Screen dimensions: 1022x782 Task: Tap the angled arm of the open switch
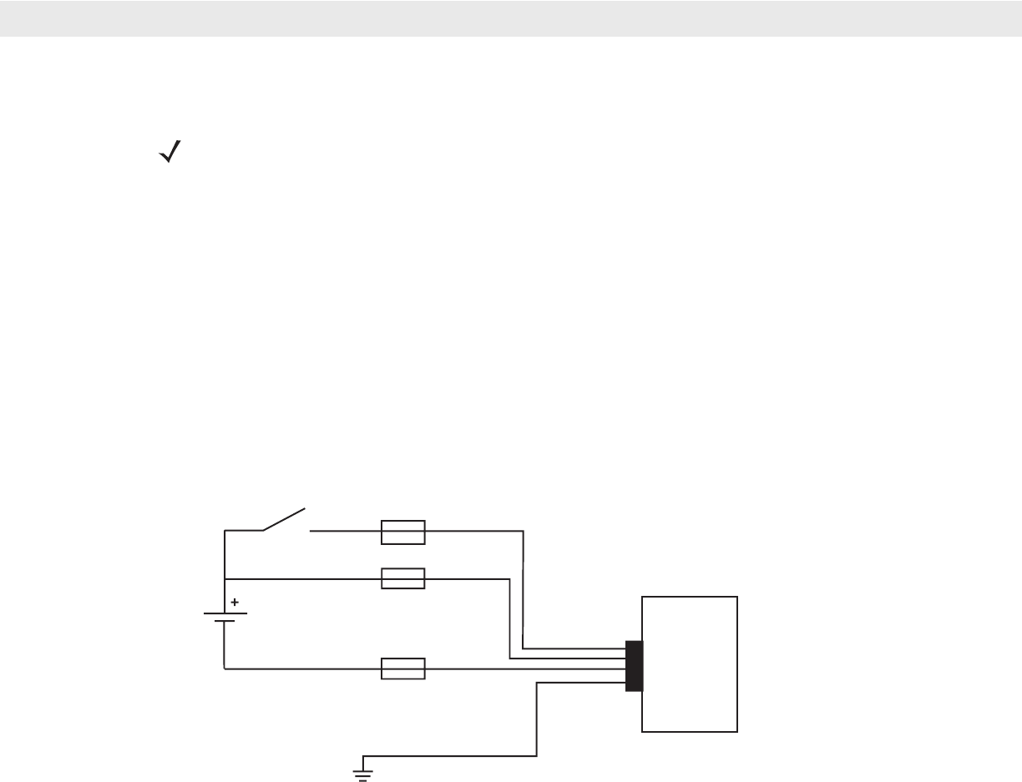285,518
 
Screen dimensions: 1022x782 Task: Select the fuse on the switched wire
403,532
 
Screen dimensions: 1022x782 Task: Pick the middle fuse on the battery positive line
403,578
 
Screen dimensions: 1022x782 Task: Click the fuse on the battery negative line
403,668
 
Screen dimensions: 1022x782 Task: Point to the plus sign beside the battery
235,601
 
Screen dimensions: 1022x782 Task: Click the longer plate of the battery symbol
225,613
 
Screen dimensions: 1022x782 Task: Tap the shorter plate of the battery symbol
225,622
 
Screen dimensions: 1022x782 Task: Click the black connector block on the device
634,665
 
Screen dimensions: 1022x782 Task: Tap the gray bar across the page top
511,18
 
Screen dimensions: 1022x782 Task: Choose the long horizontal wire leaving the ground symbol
451,756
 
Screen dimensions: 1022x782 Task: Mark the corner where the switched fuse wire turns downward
523,531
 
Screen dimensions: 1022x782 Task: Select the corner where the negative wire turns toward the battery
225,668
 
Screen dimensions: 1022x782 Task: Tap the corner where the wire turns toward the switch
225,531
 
